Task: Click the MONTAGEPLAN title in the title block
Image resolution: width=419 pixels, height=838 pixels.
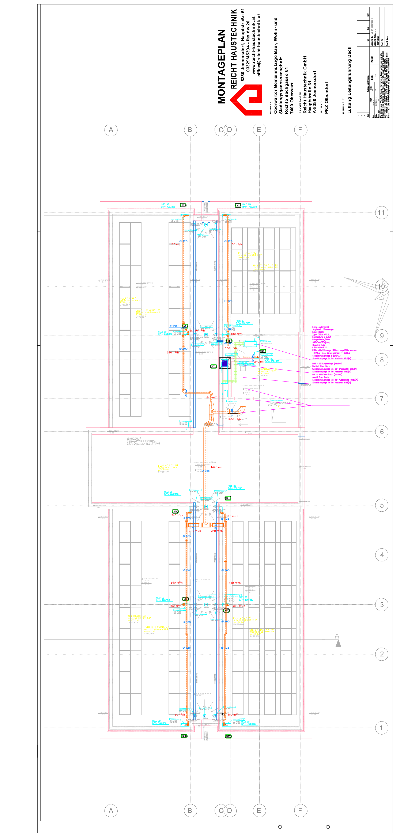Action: click(x=222, y=67)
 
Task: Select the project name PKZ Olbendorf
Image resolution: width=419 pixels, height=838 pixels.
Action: click(x=326, y=97)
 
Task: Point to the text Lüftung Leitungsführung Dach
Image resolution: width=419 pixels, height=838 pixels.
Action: click(x=349, y=80)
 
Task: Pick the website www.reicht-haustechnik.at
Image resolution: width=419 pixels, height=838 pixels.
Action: click(x=254, y=46)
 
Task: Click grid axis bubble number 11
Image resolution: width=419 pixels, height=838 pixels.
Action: click(x=381, y=213)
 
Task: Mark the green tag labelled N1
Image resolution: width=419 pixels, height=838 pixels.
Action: click(x=183, y=205)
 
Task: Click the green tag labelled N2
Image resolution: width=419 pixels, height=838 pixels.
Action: click(x=238, y=205)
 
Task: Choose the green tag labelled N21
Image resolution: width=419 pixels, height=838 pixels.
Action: click(x=213, y=366)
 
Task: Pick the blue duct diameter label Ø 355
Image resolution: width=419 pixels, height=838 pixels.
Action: click(x=206, y=471)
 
